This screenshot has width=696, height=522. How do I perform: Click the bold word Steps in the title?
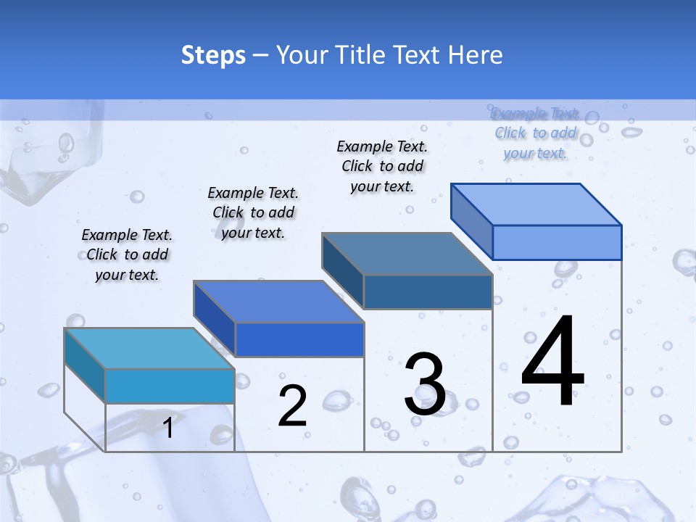(213, 55)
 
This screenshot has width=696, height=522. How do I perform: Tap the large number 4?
(552, 362)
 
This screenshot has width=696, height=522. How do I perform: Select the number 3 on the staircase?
(425, 385)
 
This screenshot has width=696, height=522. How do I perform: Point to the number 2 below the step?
(293, 406)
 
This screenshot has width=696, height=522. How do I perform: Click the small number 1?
(168, 428)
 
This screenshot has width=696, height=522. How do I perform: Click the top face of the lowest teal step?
(149, 348)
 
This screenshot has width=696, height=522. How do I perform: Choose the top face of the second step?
(278, 301)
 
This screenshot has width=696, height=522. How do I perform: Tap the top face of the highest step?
(536, 204)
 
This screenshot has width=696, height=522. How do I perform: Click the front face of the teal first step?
(170, 386)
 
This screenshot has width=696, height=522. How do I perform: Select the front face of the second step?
(299, 339)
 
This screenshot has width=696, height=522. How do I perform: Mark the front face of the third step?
(428, 291)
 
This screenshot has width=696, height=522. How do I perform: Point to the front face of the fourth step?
(557, 242)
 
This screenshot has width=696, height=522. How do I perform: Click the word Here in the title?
(476, 55)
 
